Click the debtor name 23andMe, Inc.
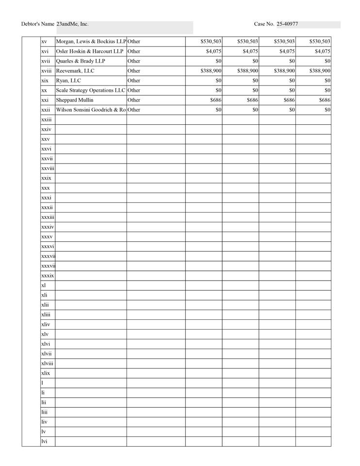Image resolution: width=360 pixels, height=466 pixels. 72,24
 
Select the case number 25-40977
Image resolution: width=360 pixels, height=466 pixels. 287,24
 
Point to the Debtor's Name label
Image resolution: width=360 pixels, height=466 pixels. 38,24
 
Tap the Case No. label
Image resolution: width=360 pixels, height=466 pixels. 264,24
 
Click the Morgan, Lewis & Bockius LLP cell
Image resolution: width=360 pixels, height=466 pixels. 91,42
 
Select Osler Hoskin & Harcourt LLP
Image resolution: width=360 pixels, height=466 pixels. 90,51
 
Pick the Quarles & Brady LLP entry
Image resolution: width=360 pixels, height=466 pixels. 81,61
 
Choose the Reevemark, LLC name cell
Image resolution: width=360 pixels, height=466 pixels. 75,71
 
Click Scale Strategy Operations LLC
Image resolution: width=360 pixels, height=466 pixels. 91,90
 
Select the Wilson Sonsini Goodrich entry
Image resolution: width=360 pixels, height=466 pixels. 91,110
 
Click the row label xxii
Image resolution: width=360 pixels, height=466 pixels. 46,110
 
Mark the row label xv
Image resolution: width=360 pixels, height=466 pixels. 44,42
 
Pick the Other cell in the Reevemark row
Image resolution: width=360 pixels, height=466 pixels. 134,71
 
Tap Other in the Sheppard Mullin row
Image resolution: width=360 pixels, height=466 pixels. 134,100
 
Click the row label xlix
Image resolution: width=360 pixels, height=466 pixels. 46,373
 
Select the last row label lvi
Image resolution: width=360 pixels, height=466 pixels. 44,441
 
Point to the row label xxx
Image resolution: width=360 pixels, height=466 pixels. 45,188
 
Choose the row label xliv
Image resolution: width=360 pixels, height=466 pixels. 46,324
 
